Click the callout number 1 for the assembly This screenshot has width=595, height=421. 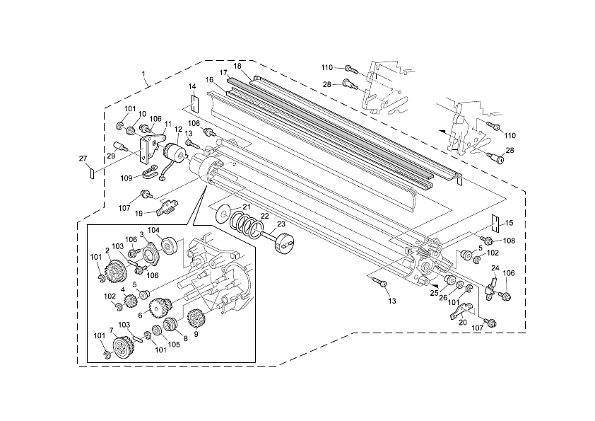click(x=143, y=74)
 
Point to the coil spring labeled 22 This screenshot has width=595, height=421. click(x=247, y=226)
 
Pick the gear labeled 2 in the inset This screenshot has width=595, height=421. click(x=115, y=270)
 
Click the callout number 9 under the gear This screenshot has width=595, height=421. click(x=196, y=333)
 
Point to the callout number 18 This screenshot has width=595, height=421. click(x=237, y=66)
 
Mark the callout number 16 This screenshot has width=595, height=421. click(x=209, y=79)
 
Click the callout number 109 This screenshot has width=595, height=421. click(x=126, y=178)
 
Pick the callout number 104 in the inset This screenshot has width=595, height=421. click(x=153, y=231)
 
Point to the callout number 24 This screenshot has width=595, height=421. click(x=495, y=268)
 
